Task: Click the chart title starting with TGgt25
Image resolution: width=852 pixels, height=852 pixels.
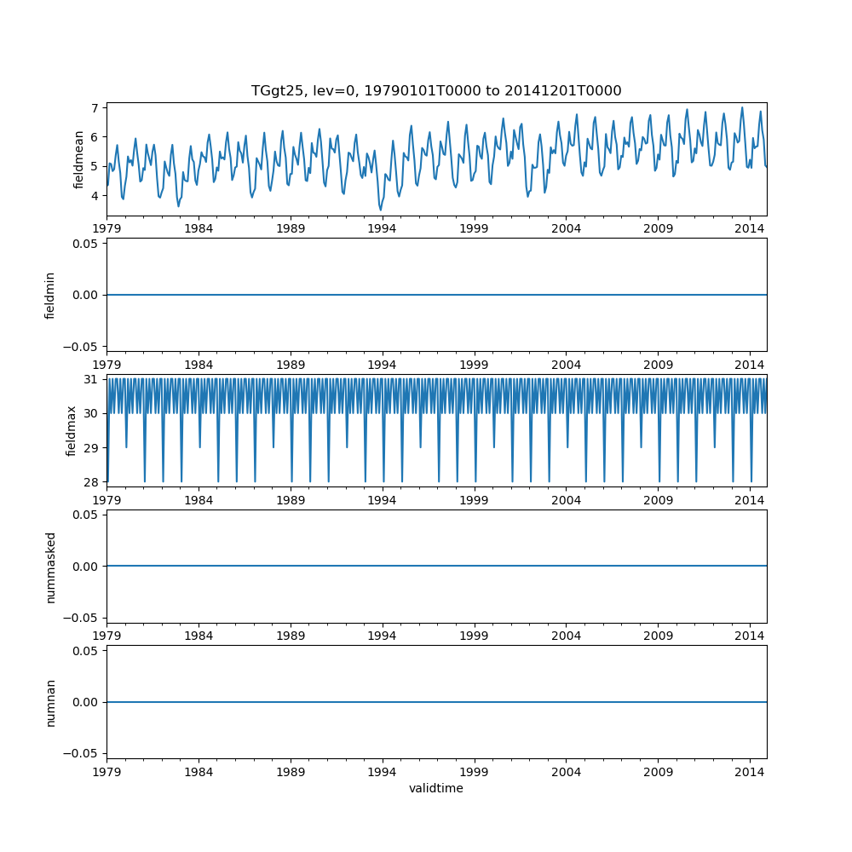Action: click(436, 90)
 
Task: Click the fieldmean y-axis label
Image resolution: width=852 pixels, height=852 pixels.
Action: click(78, 159)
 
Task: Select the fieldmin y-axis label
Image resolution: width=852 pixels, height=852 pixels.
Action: click(50, 295)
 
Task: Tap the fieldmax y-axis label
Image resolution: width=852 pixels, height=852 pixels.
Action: click(72, 430)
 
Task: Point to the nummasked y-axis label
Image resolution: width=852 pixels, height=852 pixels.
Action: click(50, 567)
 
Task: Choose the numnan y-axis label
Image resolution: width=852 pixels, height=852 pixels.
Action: click(50, 702)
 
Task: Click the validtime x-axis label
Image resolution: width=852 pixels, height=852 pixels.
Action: click(436, 788)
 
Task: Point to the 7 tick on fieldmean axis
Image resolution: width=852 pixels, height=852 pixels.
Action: click(96, 108)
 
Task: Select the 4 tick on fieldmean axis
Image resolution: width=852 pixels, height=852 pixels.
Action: click(96, 196)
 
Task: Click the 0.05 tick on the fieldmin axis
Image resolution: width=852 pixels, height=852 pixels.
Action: click(86, 244)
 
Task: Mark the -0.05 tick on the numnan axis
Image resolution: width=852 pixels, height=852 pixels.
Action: click(83, 753)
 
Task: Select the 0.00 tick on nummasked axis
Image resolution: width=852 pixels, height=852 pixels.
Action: click(86, 567)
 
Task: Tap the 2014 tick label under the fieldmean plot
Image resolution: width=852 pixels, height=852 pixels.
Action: click(750, 228)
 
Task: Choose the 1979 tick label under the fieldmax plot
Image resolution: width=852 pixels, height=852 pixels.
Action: click(107, 499)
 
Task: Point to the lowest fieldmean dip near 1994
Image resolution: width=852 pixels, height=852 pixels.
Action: click(381, 210)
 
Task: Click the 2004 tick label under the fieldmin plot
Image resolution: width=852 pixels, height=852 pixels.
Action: click(566, 364)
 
